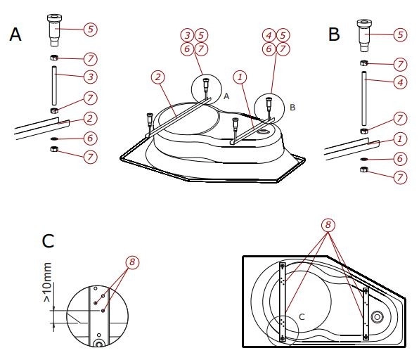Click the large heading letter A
click(x=15, y=34)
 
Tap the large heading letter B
click(x=334, y=34)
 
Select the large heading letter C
click(x=48, y=240)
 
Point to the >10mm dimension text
click(x=47, y=282)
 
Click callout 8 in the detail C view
click(x=132, y=262)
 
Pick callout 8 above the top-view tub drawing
click(x=328, y=225)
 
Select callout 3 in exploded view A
click(x=91, y=77)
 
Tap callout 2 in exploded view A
click(x=90, y=118)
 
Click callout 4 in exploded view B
click(x=400, y=82)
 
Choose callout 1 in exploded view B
click(x=400, y=139)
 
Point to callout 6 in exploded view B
click(x=400, y=159)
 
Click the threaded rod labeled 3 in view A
click(x=54, y=86)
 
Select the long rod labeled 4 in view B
click(x=363, y=98)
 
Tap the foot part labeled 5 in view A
click(x=54, y=30)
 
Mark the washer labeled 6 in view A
click(x=54, y=139)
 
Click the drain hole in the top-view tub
click(x=377, y=317)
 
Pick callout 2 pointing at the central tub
click(x=158, y=77)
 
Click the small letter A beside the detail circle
click(x=226, y=96)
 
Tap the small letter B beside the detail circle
click(x=292, y=108)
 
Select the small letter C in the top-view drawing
click(x=302, y=317)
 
